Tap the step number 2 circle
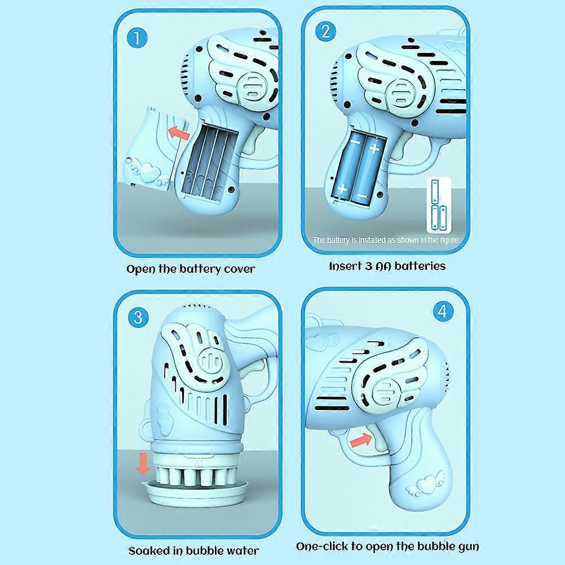click(x=325, y=31)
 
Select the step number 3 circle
click(x=138, y=317)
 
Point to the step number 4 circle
click(x=442, y=311)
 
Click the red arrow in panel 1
click(x=179, y=133)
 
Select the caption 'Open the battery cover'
click(x=191, y=268)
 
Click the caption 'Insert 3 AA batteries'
click(x=387, y=266)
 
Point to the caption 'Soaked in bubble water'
click(x=193, y=550)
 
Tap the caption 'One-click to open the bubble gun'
click(x=388, y=546)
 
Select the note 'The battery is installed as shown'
click(x=386, y=240)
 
